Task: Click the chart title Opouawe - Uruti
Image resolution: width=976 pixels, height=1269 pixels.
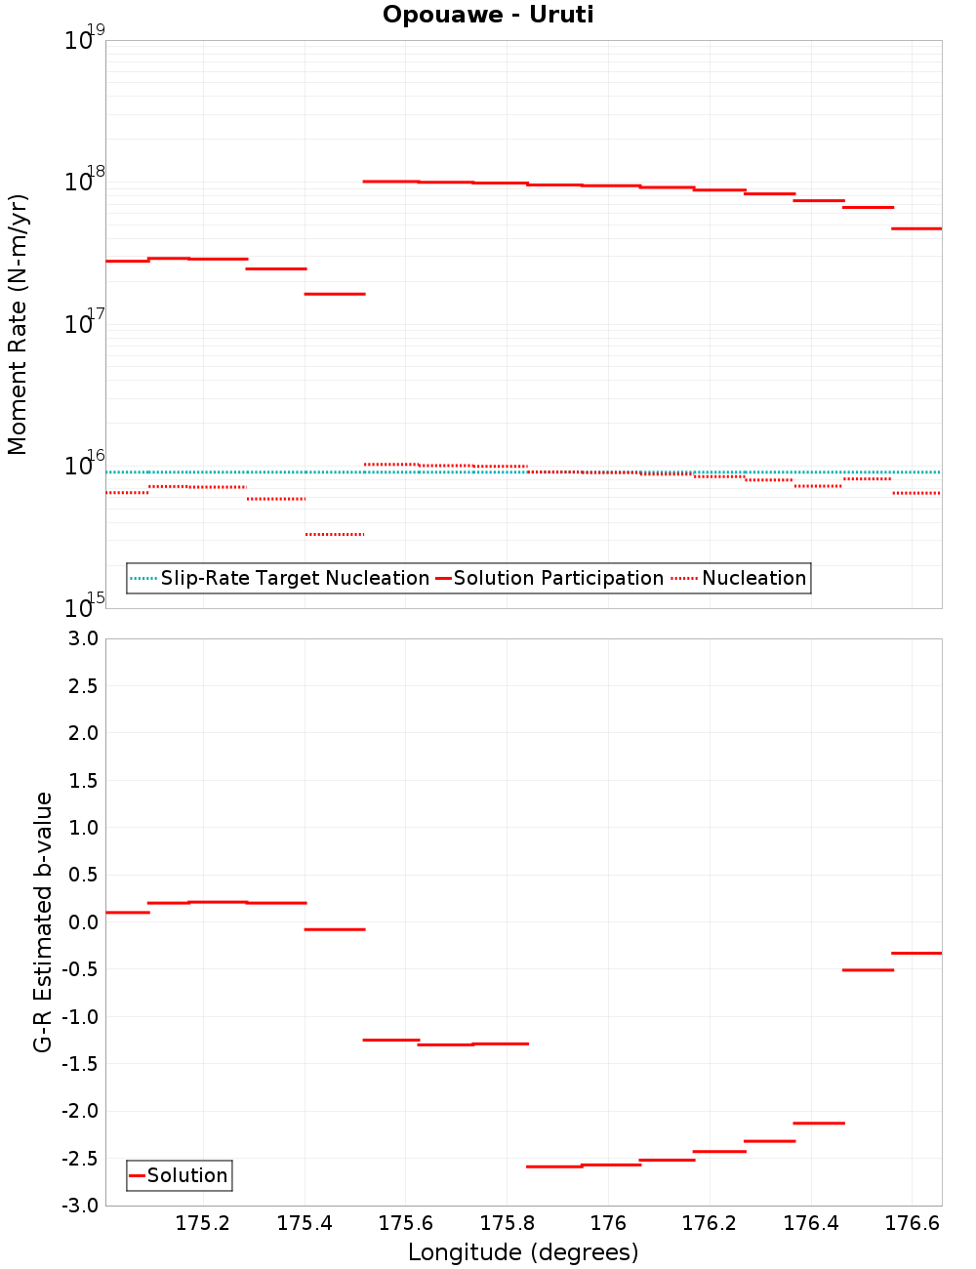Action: click(x=488, y=15)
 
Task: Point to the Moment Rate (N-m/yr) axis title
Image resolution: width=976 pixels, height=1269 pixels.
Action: click(x=18, y=324)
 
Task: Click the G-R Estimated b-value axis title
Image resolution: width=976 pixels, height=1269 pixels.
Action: click(x=43, y=921)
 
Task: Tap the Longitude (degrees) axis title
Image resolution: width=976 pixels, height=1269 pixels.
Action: click(x=523, y=1252)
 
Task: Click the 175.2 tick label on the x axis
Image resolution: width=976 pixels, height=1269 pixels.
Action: click(x=203, y=1224)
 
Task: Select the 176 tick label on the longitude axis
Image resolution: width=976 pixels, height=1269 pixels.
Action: click(x=608, y=1224)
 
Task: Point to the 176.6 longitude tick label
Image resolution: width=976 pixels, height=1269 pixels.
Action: click(x=912, y=1224)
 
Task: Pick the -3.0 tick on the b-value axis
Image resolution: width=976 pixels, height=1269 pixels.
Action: click(x=79, y=1206)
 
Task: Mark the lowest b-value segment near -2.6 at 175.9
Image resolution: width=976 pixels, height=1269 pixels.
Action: click(x=553, y=1167)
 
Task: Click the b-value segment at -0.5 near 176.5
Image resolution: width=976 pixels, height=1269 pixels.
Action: click(x=868, y=970)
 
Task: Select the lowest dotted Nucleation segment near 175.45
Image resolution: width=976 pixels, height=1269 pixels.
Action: click(x=335, y=535)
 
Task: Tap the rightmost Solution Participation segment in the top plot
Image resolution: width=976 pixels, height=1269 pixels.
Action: click(x=916, y=228)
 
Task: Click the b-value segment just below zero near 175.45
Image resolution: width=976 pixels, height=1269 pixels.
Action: click(x=335, y=929)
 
